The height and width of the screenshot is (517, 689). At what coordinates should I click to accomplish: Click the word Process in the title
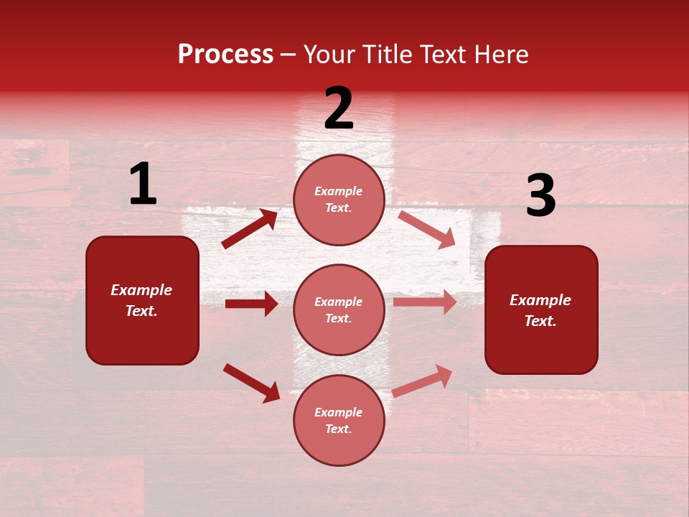point(225,55)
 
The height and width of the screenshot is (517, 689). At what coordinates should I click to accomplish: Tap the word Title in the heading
point(388,55)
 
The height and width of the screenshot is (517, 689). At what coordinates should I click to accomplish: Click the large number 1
point(143,185)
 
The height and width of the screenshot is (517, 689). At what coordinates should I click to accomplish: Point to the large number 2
point(339,108)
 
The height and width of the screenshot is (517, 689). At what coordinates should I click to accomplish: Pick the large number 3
point(540,196)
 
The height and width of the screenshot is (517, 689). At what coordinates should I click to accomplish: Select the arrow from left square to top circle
point(249,229)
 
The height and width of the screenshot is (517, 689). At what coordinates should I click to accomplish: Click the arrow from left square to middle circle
point(251,304)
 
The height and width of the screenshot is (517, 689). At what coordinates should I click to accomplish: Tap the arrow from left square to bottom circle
point(251,383)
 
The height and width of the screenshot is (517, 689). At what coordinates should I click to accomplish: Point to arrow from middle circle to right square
point(425,302)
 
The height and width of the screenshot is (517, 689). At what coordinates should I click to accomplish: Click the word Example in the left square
point(141,290)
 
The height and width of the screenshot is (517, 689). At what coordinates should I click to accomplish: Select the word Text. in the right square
point(540,321)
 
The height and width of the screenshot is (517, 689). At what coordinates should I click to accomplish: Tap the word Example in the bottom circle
point(338,412)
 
